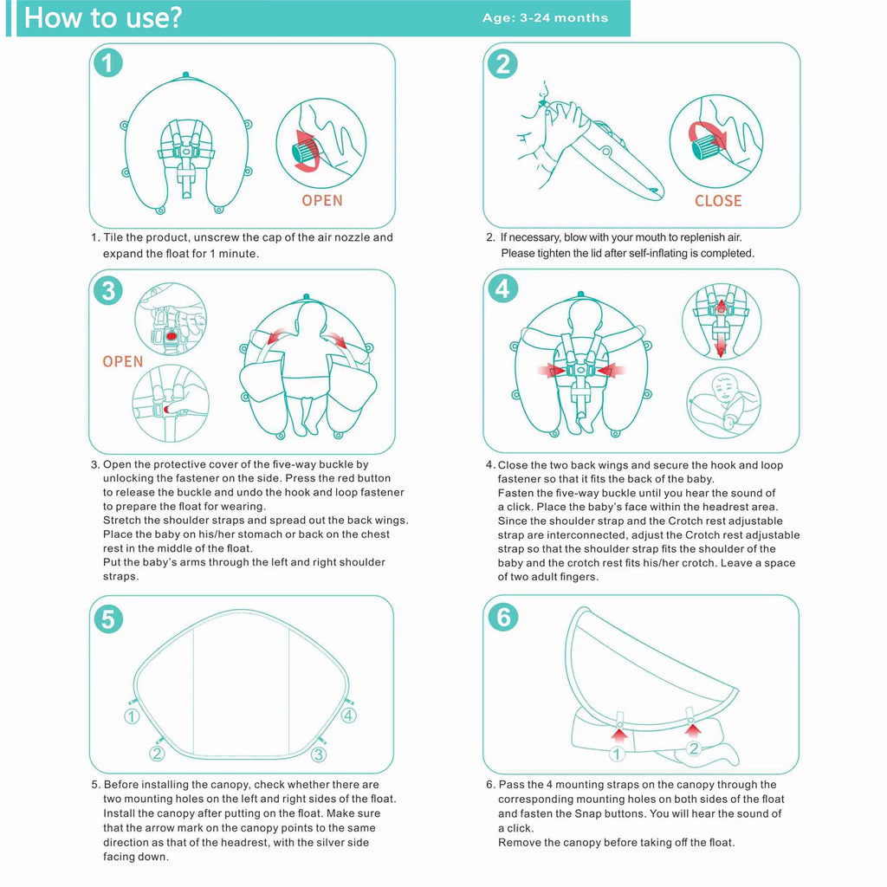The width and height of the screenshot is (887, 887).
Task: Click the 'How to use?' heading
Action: (102, 18)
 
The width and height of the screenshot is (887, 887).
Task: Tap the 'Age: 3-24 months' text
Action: (545, 18)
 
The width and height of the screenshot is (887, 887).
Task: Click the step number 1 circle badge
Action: (107, 63)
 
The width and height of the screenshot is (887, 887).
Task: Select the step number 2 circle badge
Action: (503, 63)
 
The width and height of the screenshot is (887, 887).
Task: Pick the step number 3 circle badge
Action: (107, 290)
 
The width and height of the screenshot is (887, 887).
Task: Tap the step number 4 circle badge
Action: (503, 288)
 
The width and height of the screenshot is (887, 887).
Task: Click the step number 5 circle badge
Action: (107, 618)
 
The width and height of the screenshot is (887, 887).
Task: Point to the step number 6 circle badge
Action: (503, 618)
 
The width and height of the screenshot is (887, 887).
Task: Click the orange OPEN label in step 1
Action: (322, 201)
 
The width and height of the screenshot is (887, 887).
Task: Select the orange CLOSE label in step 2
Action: (718, 201)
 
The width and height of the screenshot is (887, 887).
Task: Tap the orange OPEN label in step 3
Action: (123, 362)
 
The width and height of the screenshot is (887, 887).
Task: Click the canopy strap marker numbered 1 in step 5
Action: (132, 716)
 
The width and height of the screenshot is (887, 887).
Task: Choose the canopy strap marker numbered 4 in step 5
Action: (348, 715)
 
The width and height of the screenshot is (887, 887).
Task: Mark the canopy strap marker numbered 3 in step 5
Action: (318, 754)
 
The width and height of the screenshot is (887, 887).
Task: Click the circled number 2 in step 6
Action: (693, 749)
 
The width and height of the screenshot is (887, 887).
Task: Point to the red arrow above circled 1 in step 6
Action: (618, 735)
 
